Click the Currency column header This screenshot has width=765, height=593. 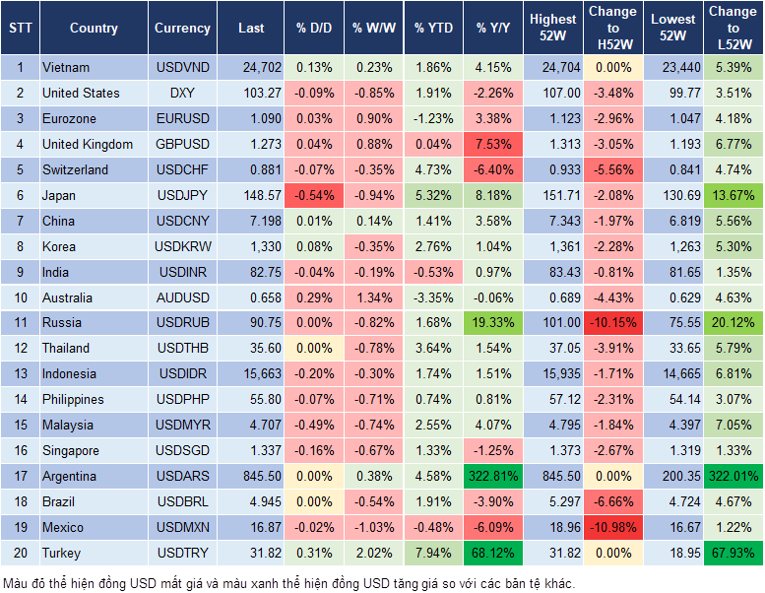point(182,29)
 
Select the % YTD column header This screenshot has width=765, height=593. point(432,29)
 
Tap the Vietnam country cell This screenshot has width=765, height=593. point(66,67)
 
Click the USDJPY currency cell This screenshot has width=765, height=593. point(182,195)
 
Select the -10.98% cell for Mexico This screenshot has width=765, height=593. point(612,527)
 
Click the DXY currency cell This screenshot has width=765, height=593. point(182,93)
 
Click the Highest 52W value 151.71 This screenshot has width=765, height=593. point(552,195)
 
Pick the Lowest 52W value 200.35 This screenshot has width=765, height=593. point(673,476)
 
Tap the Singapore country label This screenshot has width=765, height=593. point(71,450)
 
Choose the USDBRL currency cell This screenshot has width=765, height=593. point(182,501)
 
